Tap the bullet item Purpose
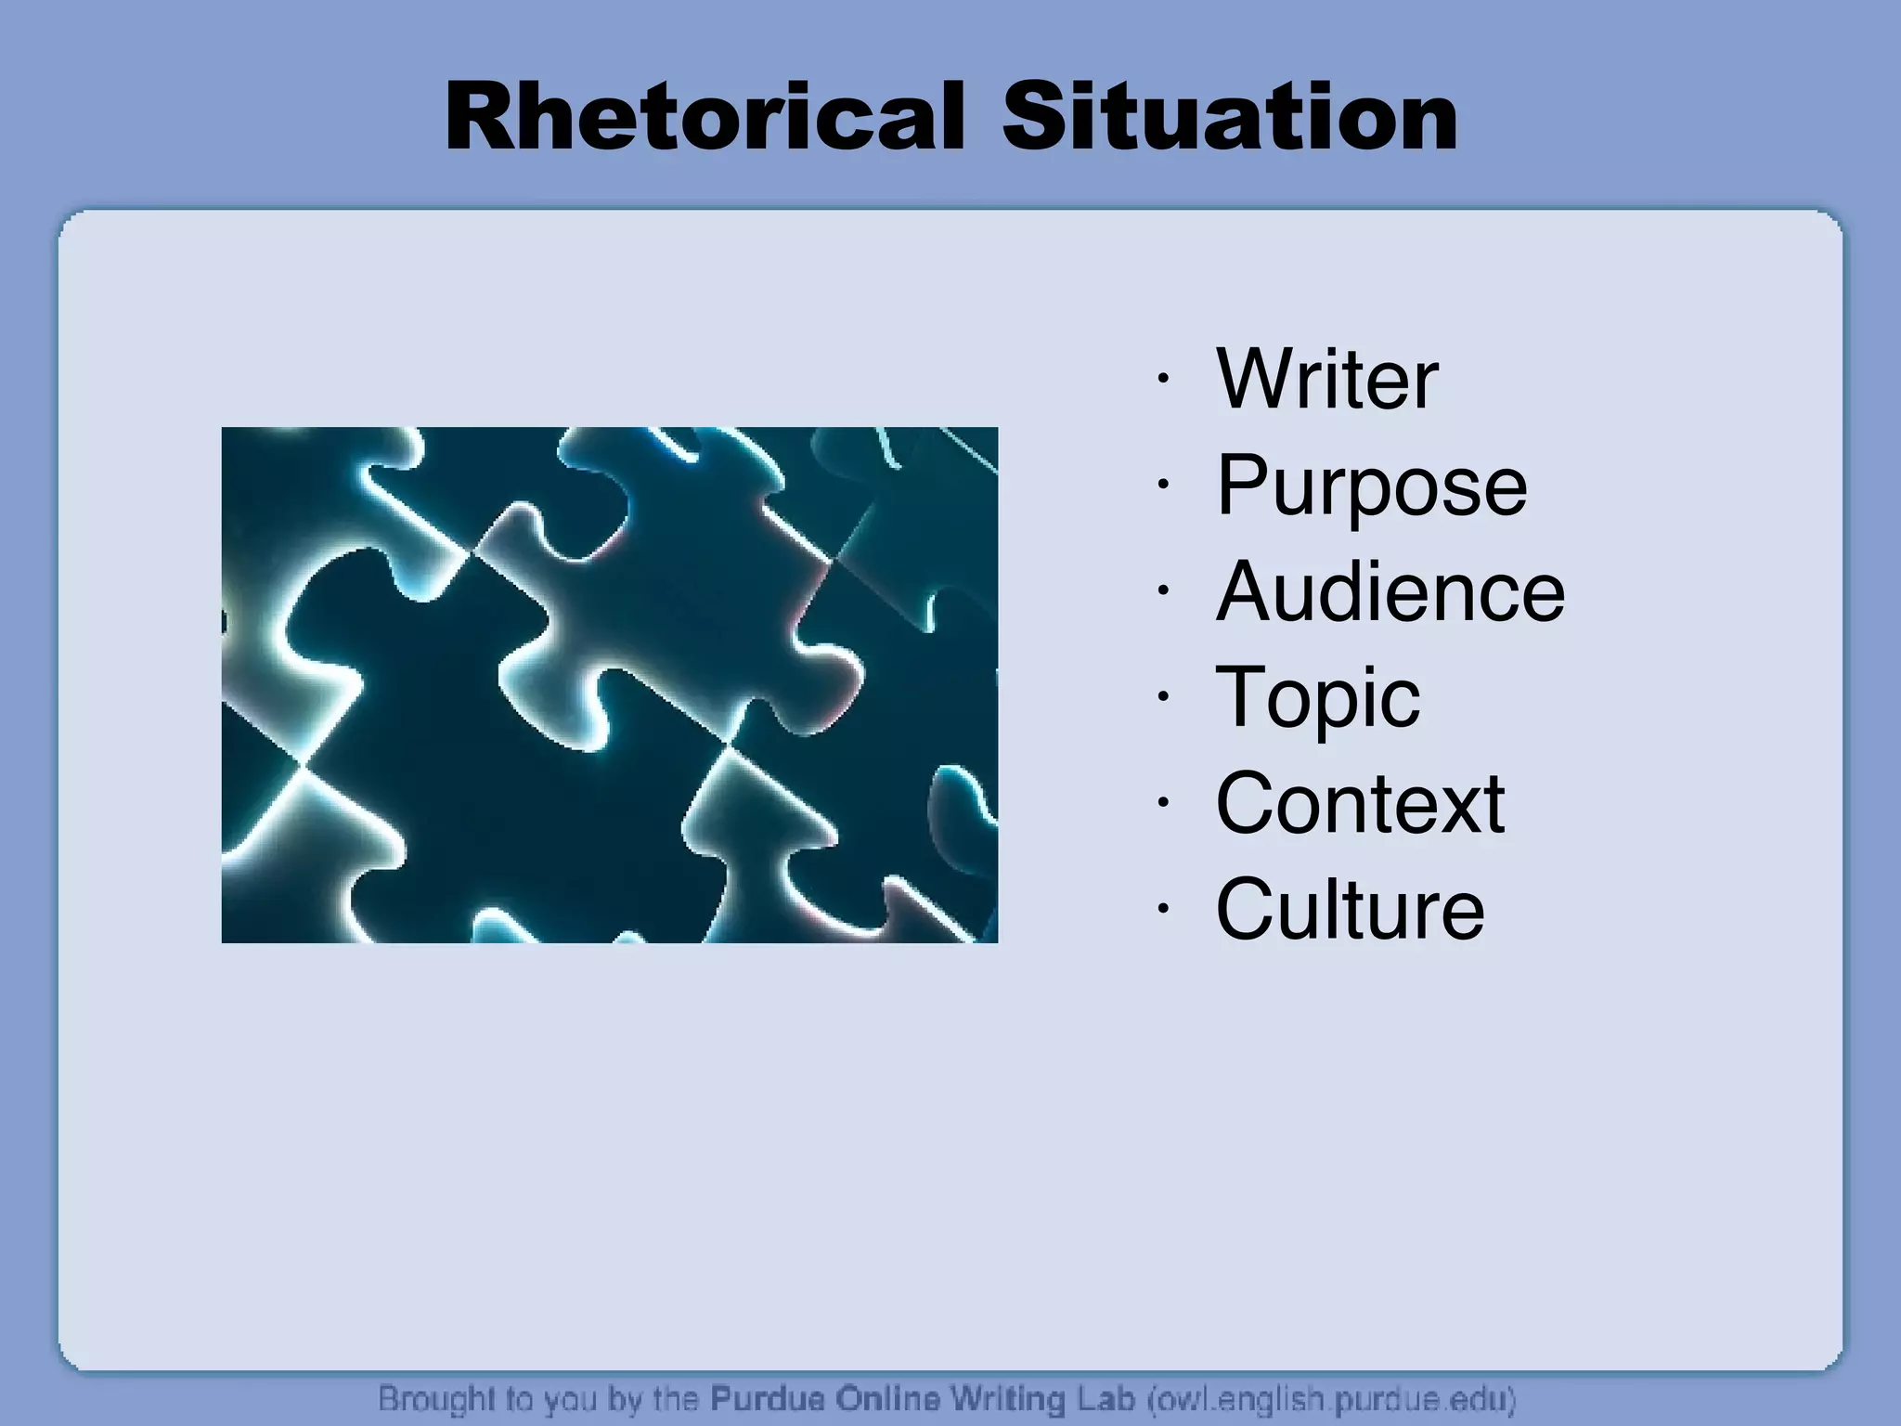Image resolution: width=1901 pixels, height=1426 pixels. tap(1371, 486)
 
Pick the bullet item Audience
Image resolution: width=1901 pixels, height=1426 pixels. tap(1390, 592)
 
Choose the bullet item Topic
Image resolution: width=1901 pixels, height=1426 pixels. tap(1317, 698)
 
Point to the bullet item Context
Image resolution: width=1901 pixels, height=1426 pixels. tap(1360, 804)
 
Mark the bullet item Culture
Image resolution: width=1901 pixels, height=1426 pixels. tap(1350, 910)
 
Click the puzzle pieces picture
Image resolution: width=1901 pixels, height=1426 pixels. tap(609, 685)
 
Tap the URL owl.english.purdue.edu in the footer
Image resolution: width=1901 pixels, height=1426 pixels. tap(1332, 1398)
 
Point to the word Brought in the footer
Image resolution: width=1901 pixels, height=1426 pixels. tap(435, 1398)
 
